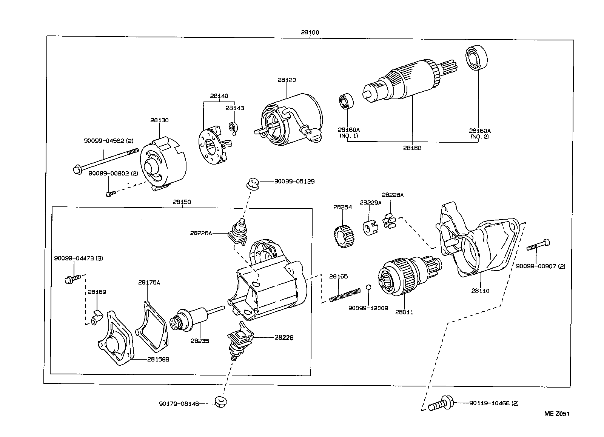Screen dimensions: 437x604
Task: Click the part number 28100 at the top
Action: (310, 32)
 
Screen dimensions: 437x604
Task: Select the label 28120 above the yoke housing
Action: (287, 80)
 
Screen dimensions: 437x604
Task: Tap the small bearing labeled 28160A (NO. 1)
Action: (345, 101)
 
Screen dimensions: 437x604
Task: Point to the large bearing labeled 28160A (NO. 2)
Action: (476, 58)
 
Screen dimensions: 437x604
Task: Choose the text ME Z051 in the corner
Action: (556, 414)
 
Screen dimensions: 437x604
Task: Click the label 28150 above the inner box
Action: (182, 202)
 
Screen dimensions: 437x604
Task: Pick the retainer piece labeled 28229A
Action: (368, 228)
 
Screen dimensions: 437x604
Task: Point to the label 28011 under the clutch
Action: (404, 312)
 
